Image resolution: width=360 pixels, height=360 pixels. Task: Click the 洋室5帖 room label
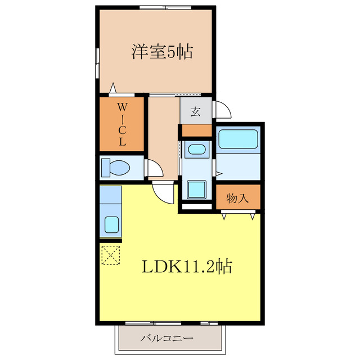(x=162, y=53)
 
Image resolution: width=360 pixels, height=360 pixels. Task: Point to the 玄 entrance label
(x=195, y=111)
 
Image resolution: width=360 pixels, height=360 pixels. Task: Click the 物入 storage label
(x=238, y=198)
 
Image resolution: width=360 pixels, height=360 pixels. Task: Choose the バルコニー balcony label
(x=167, y=339)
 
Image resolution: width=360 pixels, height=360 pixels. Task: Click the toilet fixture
(x=116, y=168)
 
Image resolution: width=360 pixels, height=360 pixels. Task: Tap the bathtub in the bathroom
(x=237, y=138)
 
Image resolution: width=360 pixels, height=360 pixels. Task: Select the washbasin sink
(x=196, y=149)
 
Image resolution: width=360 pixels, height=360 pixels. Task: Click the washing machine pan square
(x=196, y=190)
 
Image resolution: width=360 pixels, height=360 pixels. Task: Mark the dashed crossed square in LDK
(x=111, y=254)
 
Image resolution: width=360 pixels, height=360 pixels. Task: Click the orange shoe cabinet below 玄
(x=196, y=130)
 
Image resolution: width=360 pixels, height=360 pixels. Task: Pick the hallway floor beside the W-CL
(x=163, y=135)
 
